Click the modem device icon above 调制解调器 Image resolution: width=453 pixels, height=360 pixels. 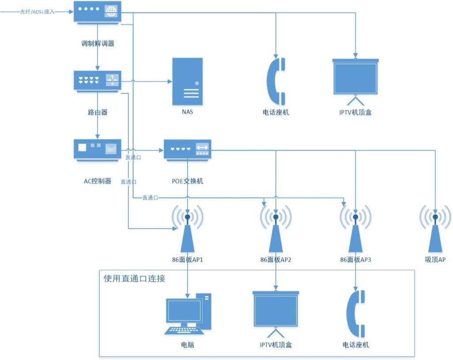(x=97, y=13)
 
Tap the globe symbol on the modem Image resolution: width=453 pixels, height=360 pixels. (x=111, y=11)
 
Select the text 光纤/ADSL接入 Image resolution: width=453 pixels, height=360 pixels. (x=37, y=12)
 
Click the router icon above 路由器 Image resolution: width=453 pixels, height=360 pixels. (x=97, y=81)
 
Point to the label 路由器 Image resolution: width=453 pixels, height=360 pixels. (x=98, y=112)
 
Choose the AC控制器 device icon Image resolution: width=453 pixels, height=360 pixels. (x=97, y=150)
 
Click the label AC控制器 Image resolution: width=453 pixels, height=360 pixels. (x=97, y=181)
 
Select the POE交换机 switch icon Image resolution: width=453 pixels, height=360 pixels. (x=188, y=150)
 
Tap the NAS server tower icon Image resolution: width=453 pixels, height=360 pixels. (x=188, y=82)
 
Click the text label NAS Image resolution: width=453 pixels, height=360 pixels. (x=187, y=112)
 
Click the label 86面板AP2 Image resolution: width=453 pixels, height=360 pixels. (x=276, y=260)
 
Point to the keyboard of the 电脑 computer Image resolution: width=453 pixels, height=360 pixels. (x=184, y=331)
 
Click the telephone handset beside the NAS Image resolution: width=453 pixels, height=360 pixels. (x=276, y=81)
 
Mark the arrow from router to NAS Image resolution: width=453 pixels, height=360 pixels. (x=146, y=82)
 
